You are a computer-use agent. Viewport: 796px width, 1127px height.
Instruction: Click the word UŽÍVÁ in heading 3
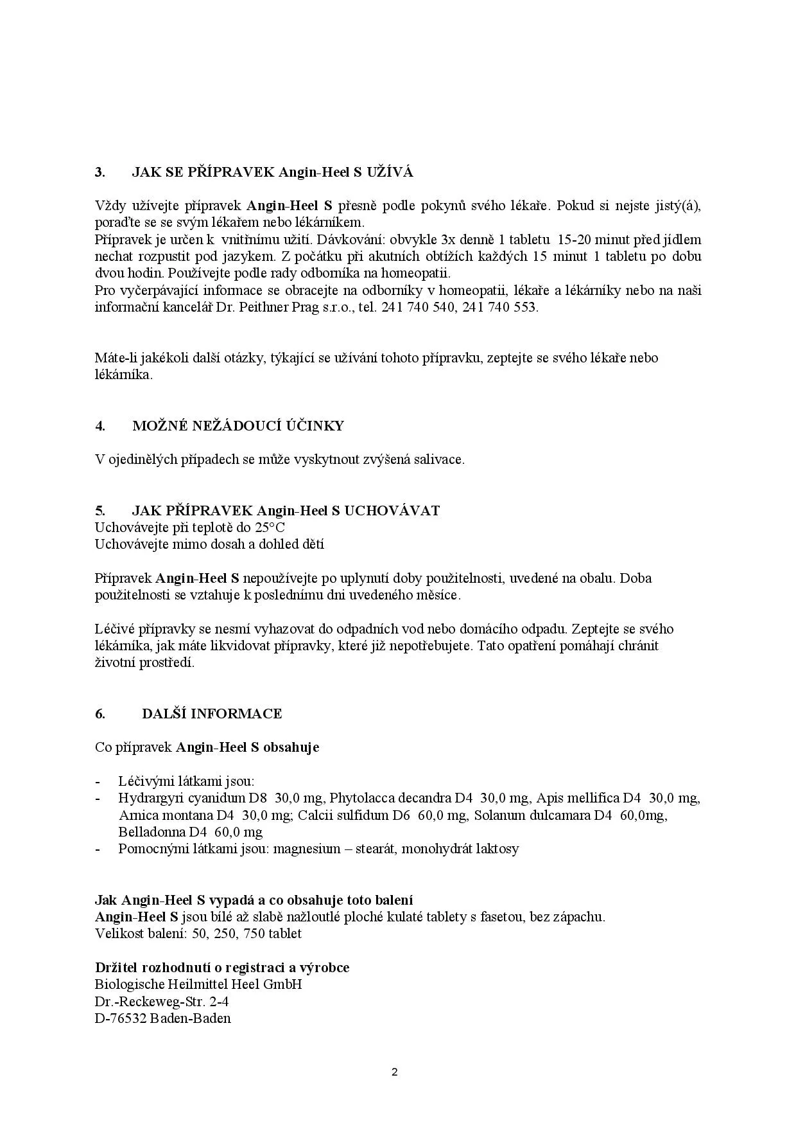(x=390, y=172)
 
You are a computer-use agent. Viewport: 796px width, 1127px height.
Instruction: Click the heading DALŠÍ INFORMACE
(x=212, y=714)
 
